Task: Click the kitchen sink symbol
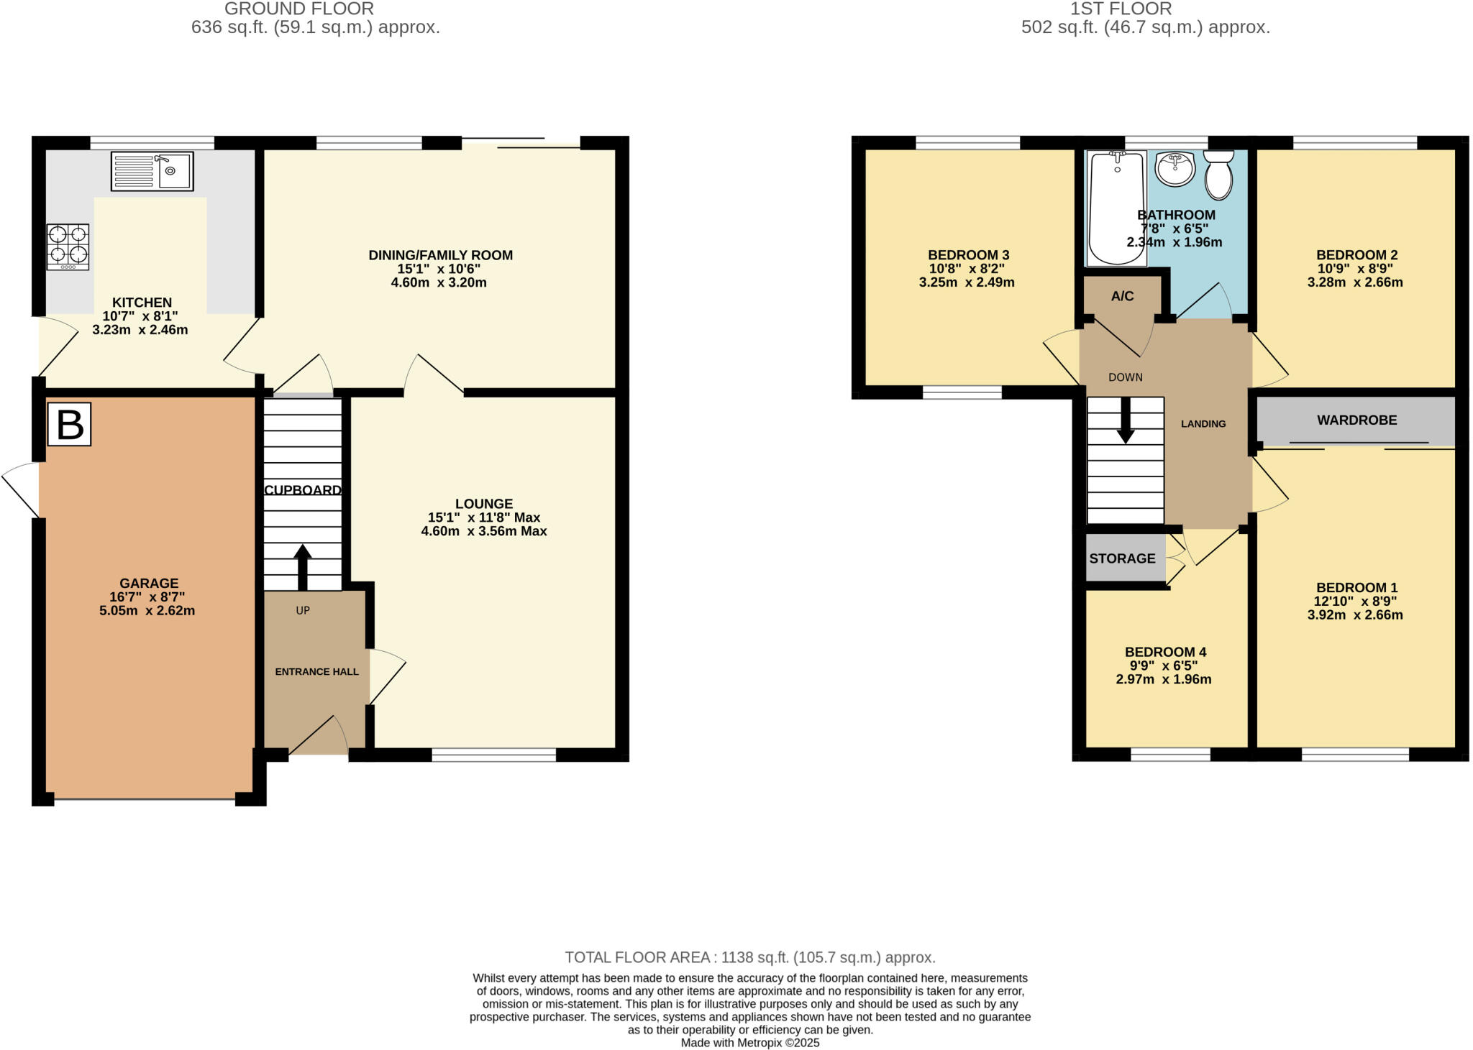[152, 171]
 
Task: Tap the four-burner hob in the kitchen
[68, 247]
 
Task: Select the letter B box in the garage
[70, 425]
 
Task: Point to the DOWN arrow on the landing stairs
[1126, 420]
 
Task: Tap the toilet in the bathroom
[1218, 175]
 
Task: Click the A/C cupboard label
[1122, 296]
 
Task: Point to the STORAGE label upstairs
[1122, 558]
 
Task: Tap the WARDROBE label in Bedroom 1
[1356, 420]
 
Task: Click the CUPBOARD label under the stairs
[303, 490]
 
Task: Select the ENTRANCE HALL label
[316, 672]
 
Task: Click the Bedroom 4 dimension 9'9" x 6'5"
[1165, 666]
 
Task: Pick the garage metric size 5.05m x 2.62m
[147, 611]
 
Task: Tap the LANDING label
[1203, 424]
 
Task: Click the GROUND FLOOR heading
[298, 9]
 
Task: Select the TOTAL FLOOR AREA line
[749, 957]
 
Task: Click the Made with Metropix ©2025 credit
[749, 1043]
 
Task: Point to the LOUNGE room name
[483, 504]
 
